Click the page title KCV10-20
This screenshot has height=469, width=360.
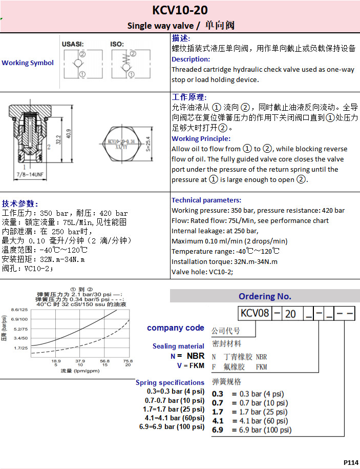click(180, 11)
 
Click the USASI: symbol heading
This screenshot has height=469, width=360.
click(73, 44)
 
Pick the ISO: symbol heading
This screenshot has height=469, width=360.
click(117, 44)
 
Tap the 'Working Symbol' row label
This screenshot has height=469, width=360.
click(28, 63)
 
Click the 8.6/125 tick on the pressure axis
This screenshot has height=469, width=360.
click(19, 310)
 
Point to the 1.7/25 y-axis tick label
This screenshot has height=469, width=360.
click(20, 348)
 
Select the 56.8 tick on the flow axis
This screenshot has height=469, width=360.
click(104, 360)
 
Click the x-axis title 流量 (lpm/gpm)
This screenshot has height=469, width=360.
click(72, 371)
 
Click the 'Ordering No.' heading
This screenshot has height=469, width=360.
click(265, 296)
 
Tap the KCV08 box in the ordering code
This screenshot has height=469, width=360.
click(255, 313)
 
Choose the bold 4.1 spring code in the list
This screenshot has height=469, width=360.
click(218, 421)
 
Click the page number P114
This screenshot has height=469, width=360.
click(351, 462)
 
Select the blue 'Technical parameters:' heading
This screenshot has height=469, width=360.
click(206, 200)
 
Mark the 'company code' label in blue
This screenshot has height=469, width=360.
click(176, 328)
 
